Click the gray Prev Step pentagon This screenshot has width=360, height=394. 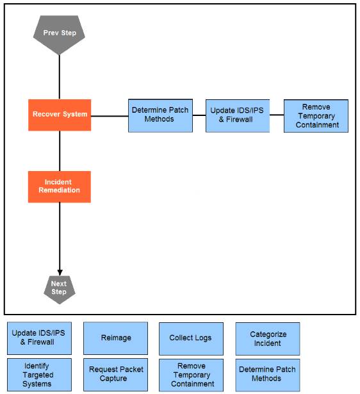(60, 35)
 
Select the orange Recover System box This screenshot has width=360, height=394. (60, 115)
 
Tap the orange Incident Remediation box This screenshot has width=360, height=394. (60, 186)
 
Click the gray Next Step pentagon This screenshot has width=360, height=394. (60, 290)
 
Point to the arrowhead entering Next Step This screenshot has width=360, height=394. (60, 273)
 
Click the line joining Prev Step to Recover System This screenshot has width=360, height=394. (60, 77)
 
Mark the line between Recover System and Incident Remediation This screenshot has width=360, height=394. (60, 151)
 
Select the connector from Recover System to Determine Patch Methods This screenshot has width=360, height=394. (110, 116)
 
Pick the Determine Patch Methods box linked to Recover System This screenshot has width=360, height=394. (161, 115)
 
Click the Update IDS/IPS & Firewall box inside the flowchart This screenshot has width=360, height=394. (238, 116)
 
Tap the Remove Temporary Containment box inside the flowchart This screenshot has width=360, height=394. (316, 116)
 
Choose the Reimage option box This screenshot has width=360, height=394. (115, 338)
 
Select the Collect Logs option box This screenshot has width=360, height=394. (191, 339)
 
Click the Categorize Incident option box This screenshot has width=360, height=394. (268, 339)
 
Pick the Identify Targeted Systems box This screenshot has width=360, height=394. (40, 375)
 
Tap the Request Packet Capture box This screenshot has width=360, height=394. (115, 375)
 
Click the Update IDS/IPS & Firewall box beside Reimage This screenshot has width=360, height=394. (40, 338)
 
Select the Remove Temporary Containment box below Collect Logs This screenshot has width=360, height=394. (191, 375)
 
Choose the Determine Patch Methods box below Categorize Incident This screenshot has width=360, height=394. (268, 375)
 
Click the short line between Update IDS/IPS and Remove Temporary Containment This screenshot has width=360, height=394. (277, 115)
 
